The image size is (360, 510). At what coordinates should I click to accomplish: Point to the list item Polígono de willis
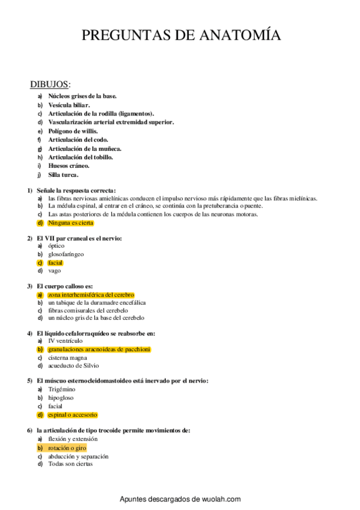(73, 131)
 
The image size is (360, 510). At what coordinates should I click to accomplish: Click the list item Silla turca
(63, 175)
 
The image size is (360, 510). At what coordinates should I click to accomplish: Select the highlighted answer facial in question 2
(55, 262)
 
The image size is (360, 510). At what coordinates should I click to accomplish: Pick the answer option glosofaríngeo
(66, 254)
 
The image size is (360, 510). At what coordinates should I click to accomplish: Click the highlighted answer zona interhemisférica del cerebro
(91, 295)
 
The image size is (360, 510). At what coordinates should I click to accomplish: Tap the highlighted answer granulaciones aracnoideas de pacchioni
(99, 349)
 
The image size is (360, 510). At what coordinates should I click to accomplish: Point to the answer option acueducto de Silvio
(73, 365)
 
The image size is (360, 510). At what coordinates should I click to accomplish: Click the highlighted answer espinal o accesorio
(72, 414)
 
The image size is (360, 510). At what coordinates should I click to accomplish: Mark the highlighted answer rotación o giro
(67, 447)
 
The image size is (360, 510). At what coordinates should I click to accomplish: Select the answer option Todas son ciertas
(70, 464)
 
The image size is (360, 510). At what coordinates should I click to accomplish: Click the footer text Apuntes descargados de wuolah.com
(180, 499)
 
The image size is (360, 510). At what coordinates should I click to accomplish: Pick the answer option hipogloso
(61, 398)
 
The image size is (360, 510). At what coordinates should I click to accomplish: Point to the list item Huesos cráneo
(69, 166)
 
